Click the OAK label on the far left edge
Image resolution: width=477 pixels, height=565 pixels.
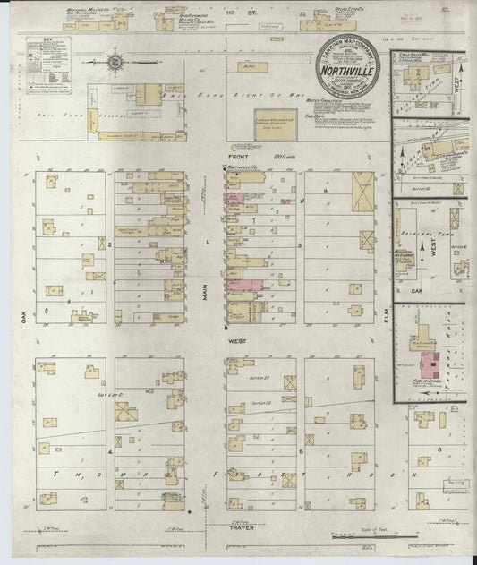pos(17,315)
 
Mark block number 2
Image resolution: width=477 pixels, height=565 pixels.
pos(109,244)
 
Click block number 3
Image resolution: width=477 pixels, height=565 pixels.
pos(301,244)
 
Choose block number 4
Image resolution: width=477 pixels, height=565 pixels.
pos(110,453)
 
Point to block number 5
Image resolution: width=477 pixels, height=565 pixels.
pos(302,453)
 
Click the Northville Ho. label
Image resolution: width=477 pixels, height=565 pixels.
pos(243,167)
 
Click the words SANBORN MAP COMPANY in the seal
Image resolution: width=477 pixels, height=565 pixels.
pos(347,47)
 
